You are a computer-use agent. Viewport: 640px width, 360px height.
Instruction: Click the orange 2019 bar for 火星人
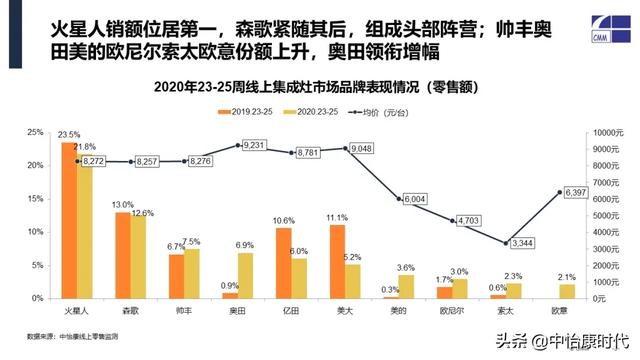tap(69, 220)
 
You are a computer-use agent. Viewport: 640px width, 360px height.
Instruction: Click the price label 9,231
tap(254, 146)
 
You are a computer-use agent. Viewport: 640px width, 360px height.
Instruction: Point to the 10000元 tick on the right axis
tap(609, 132)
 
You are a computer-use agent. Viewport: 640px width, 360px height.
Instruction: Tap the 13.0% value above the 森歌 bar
tap(124, 204)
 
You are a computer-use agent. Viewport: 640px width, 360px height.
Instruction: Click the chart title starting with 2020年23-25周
tap(320, 87)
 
